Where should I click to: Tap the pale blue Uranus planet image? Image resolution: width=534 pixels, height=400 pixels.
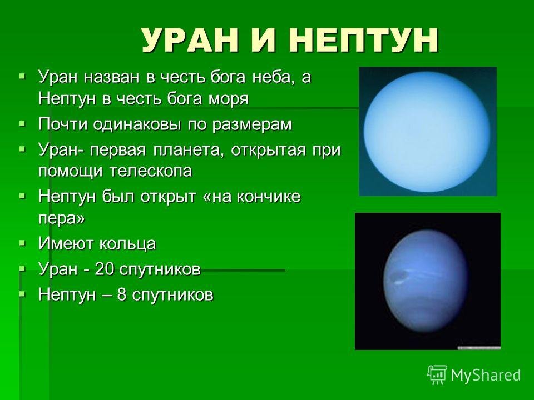pyautogui.click(x=427, y=131)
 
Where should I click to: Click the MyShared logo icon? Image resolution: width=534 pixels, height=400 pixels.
pyautogui.click(x=437, y=375)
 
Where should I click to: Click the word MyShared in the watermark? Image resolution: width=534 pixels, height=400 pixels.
pyautogui.click(x=486, y=375)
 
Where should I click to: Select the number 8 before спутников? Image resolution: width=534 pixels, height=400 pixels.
pyautogui.click(x=122, y=294)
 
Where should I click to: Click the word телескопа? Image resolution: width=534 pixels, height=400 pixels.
pyautogui.click(x=151, y=171)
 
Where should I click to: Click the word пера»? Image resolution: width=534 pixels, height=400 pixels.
pyautogui.click(x=61, y=219)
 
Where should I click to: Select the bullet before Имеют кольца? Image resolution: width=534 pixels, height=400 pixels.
pyautogui.click(x=22, y=243)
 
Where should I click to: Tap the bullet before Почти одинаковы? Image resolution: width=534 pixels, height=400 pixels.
pyautogui.click(x=22, y=123)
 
